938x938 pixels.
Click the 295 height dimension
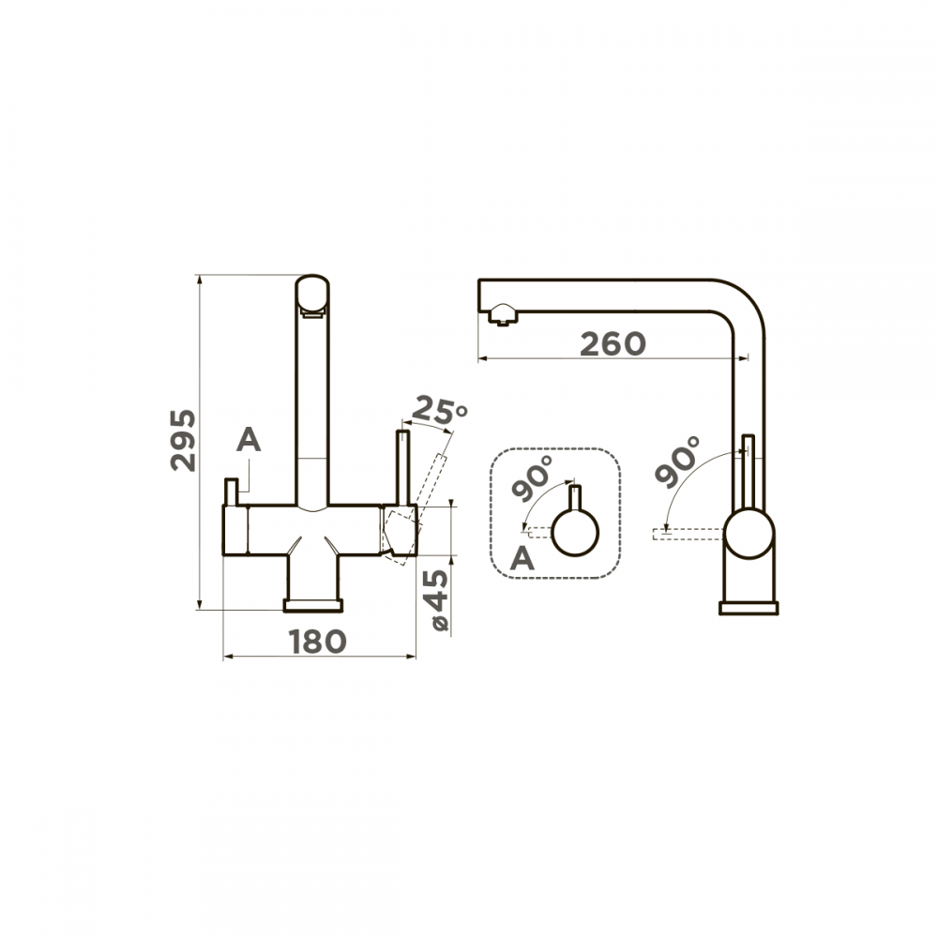(x=183, y=440)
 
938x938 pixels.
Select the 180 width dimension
(x=318, y=642)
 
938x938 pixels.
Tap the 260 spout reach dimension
(x=613, y=344)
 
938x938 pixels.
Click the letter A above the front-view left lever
(x=249, y=440)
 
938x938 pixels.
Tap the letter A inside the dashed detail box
(x=522, y=559)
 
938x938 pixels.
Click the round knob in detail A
(x=575, y=533)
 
